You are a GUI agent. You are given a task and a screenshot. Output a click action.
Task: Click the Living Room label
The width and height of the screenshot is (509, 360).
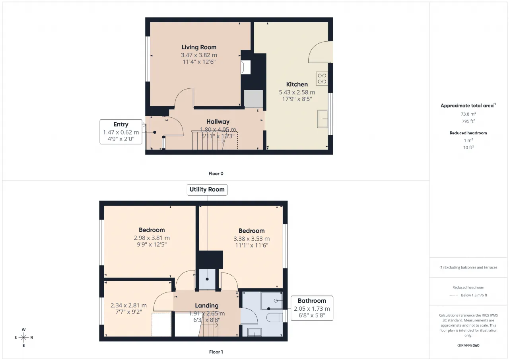(199, 47)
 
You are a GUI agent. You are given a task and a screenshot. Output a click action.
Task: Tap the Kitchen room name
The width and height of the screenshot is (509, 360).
(297, 84)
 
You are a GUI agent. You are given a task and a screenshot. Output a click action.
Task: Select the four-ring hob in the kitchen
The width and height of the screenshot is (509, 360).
(322, 79)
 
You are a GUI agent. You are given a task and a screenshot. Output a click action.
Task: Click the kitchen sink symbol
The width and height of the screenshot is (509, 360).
(322, 119)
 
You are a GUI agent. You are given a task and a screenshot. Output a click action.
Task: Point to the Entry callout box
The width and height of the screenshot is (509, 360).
(121, 132)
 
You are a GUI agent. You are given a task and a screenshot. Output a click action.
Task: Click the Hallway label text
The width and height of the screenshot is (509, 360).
(218, 122)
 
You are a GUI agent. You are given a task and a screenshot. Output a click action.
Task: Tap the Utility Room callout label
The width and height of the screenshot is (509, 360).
(207, 189)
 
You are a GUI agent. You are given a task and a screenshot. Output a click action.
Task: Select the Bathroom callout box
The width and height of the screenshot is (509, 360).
(312, 308)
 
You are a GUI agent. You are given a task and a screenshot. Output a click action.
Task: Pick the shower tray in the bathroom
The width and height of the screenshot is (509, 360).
(272, 301)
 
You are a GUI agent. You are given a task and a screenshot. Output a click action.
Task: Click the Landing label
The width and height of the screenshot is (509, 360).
(206, 306)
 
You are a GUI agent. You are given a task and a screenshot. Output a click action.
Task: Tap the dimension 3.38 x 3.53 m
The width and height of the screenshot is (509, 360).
(252, 239)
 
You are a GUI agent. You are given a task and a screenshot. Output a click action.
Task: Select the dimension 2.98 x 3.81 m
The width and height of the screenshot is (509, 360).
(152, 238)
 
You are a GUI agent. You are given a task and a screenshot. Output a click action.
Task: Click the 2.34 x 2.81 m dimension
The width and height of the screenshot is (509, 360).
(128, 305)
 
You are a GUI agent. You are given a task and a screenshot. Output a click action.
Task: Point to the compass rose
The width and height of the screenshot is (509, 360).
(23, 337)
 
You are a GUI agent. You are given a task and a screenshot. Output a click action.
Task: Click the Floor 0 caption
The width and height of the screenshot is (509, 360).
(216, 174)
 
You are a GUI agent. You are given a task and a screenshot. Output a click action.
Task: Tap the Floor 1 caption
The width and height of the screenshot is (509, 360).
(216, 352)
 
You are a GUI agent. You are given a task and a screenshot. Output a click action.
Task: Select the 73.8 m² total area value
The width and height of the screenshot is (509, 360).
(468, 114)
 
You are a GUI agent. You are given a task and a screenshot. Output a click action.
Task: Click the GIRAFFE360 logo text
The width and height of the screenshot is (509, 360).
(468, 345)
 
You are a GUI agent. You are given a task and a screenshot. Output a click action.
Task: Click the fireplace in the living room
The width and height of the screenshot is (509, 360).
(246, 67)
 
